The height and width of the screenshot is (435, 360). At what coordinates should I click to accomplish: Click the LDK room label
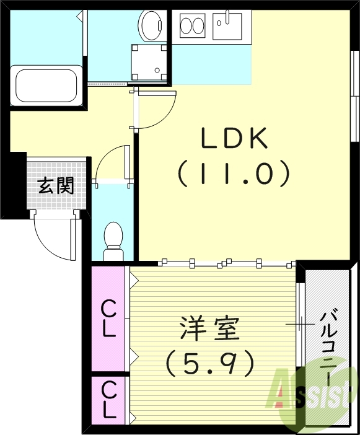(x=233, y=138)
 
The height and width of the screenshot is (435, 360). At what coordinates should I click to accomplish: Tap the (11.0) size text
(x=233, y=174)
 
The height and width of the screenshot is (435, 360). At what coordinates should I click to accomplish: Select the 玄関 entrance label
(x=56, y=185)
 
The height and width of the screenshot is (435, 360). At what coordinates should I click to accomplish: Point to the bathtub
(x=46, y=86)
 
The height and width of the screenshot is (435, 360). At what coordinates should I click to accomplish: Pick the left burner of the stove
(x=186, y=26)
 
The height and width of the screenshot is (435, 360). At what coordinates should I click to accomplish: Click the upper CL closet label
(x=108, y=318)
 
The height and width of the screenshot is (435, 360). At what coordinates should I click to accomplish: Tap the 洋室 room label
(x=209, y=329)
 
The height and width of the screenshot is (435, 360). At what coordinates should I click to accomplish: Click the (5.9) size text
(x=209, y=363)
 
